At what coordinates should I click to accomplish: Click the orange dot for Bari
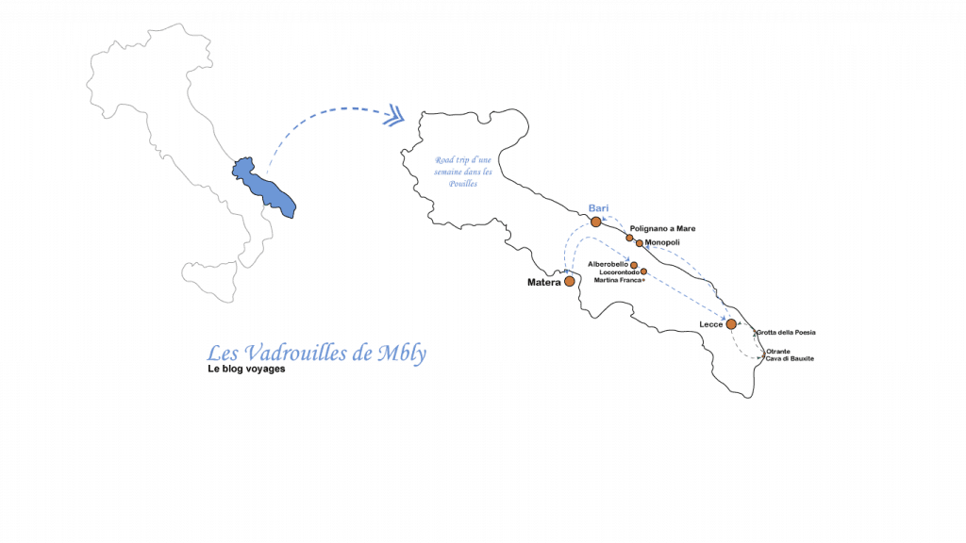point(596,222)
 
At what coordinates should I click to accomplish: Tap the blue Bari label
point(598,208)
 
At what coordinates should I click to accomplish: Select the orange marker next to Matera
point(569,281)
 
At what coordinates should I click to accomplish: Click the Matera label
point(544,283)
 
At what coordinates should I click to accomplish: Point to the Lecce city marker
point(731,324)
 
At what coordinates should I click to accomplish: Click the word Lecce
point(711,324)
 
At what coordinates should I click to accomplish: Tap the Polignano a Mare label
point(662,228)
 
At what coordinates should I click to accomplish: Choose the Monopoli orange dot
point(640,243)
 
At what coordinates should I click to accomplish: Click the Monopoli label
point(662,242)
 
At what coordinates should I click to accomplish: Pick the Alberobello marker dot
point(633,265)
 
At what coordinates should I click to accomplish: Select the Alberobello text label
point(608,264)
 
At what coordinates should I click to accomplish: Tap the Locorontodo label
point(620,272)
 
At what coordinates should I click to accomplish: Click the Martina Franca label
point(618,280)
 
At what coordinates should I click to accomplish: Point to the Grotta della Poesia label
point(786,333)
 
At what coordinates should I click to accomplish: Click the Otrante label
point(778,352)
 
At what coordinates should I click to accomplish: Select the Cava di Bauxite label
point(790,358)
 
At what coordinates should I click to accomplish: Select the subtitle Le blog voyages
point(246,369)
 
